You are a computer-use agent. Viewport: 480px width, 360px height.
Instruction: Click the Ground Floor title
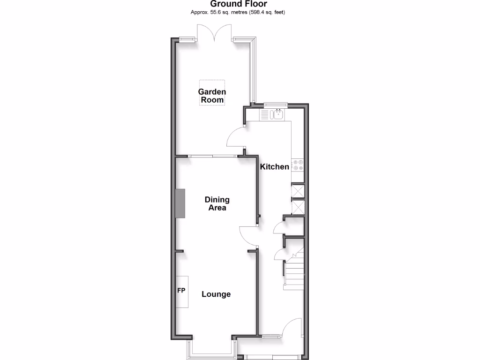click(x=240, y=4)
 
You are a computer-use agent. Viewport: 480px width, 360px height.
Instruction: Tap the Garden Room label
click(x=212, y=96)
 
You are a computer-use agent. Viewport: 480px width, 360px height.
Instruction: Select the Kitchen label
click(x=275, y=166)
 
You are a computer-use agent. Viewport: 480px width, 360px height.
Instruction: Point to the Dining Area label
click(x=217, y=203)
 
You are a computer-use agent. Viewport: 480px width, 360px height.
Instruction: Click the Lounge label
click(x=216, y=294)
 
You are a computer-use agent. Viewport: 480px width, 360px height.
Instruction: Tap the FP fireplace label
click(x=181, y=291)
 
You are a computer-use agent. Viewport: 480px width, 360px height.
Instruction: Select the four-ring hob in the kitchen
click(x=298, y=165)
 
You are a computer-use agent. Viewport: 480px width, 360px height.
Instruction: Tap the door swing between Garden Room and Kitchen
click(x=236, y=137)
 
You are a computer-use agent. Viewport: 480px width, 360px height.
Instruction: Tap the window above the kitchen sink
click(x=275, y=105)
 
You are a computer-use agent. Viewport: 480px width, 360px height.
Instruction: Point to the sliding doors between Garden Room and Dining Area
click(x=214, y=156)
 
